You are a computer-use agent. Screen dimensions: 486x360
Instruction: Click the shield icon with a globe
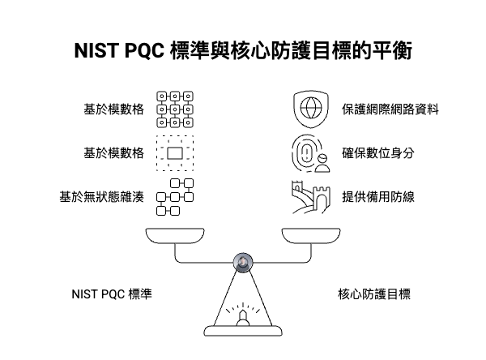[309, 109]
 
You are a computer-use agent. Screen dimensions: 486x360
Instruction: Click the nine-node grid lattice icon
[174, 109]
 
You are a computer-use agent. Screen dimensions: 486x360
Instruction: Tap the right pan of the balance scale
[311, 236]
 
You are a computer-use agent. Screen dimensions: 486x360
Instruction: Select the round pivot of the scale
[242, 261]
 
